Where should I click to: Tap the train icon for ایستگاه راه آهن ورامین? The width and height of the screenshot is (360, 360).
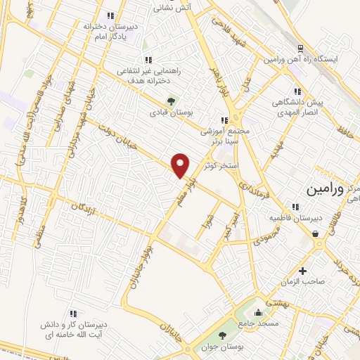(301, 49)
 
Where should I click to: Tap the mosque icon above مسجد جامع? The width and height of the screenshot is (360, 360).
(259, 312)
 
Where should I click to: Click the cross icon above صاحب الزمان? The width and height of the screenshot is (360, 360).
(303, 271)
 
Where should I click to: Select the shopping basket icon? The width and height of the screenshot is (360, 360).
(316, 233)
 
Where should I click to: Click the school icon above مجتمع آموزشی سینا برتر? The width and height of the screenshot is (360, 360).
(224, 120)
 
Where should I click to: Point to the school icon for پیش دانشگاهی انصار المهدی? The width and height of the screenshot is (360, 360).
(298, 91)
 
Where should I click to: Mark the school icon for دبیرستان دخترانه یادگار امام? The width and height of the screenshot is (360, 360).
(110, 15)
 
